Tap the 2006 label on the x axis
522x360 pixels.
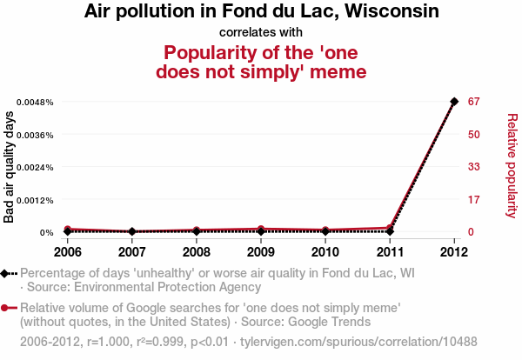pos(67,252)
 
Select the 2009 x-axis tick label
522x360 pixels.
pos(260,252)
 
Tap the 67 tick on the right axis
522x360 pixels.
pos(474,102)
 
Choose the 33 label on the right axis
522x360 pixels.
pos(474,167)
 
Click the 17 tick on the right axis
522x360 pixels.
pos(474,200)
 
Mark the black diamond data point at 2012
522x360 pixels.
pos(453,102)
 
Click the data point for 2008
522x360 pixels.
pos(196,231)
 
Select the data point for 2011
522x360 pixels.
pos(389,230)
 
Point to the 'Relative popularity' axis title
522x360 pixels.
pos(512,165)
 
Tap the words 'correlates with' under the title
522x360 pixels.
pos(260,33)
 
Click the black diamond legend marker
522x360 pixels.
pos(7,273)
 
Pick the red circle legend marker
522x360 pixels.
pos(7,308)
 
